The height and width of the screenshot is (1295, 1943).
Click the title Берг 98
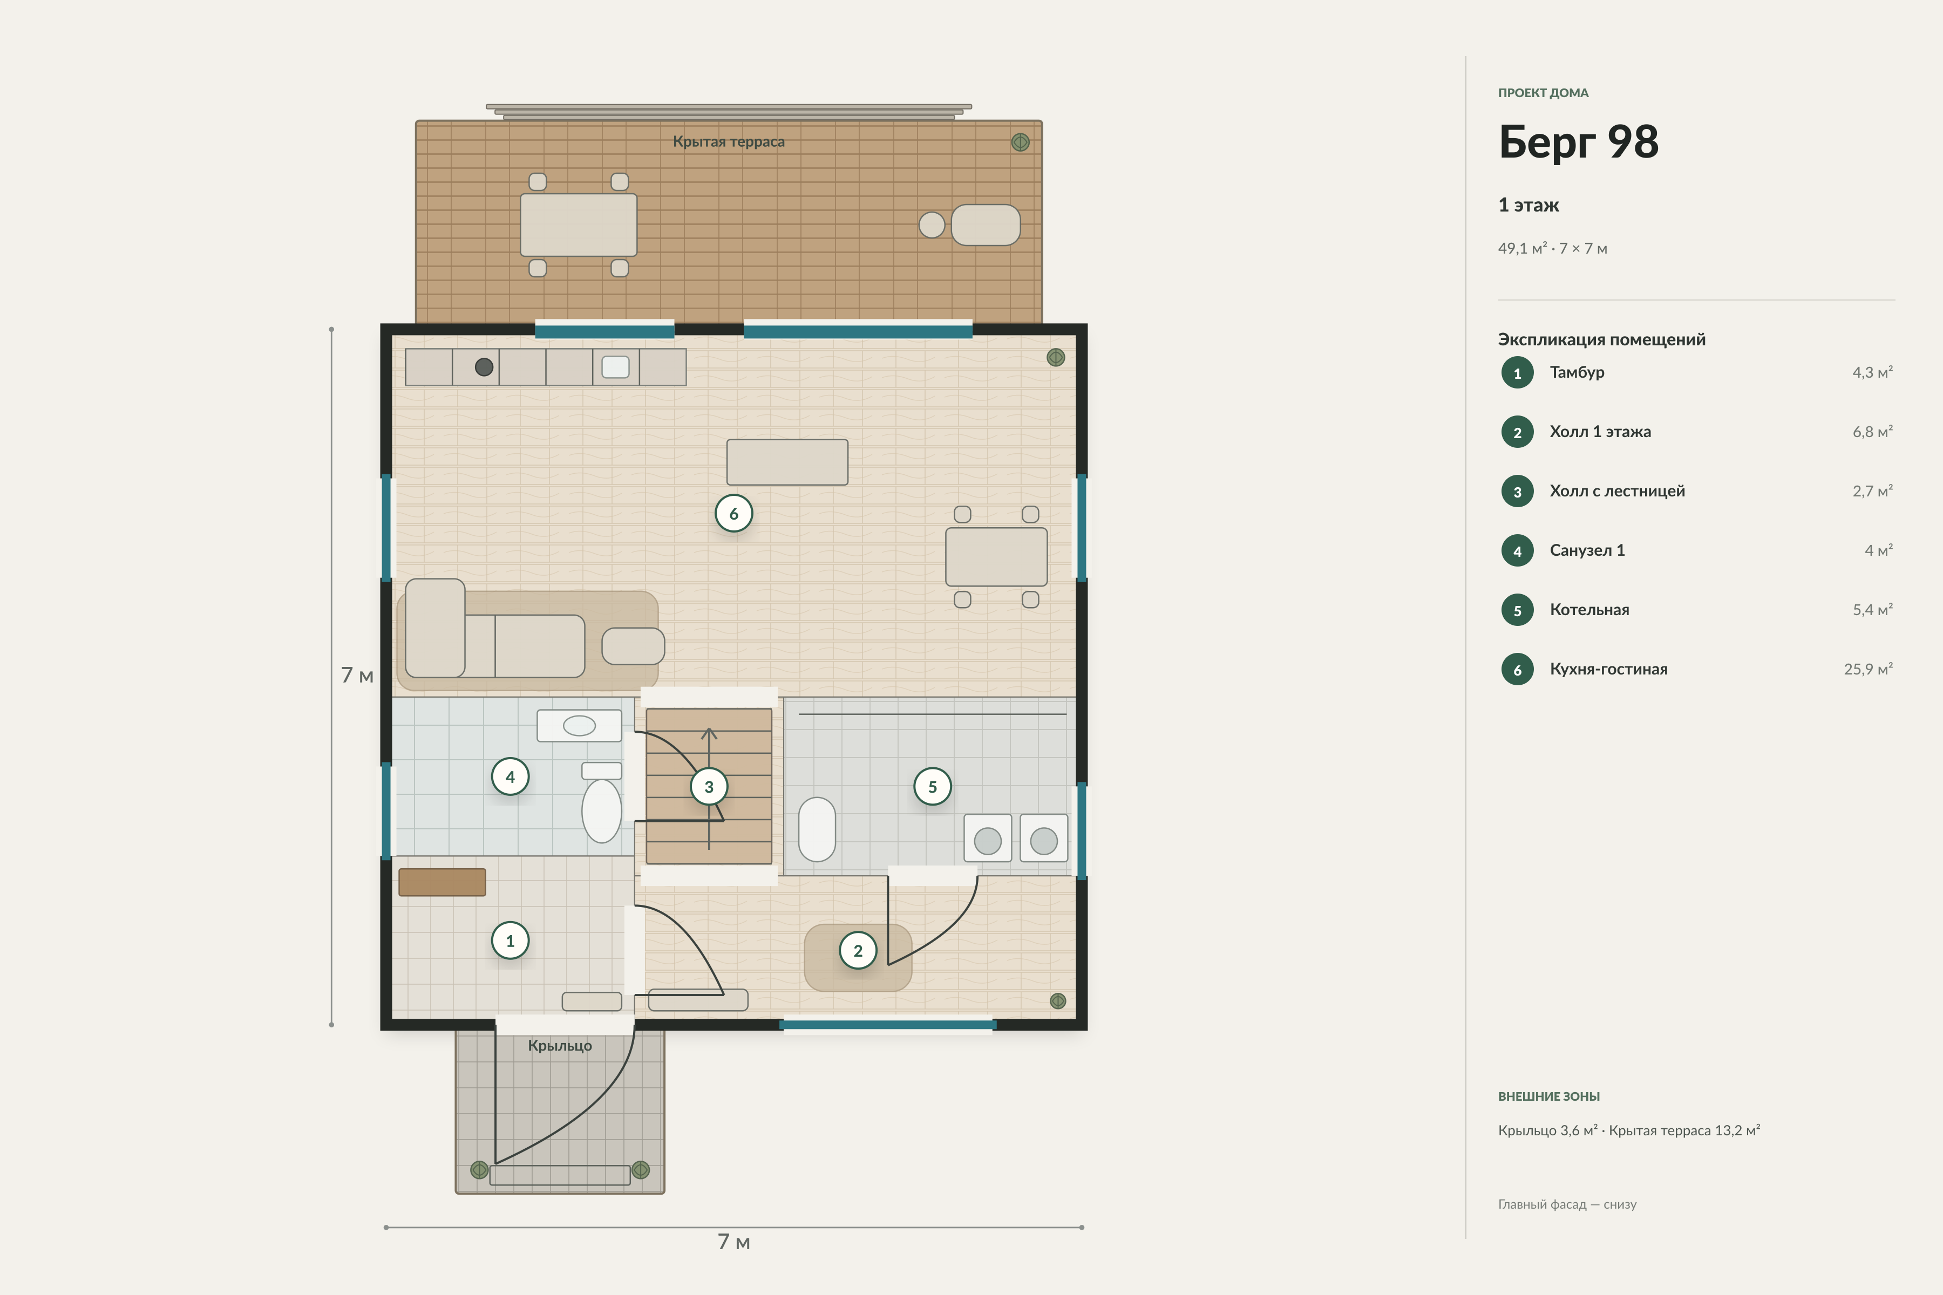click(x=1578, y=142)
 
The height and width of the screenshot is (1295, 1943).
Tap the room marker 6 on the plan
click(x=733, y=514)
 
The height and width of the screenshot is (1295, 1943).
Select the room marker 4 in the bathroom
click(x=509, y=776)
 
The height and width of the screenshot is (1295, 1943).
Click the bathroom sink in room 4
click(x=579, y=725)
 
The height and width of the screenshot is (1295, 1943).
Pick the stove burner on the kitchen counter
click(x=484, y=367)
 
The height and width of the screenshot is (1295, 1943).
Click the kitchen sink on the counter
click(x=615, y=367)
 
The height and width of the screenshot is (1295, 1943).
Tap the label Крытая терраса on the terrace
click(x=729, y=141)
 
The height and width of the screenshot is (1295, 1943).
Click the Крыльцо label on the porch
click(x=560, y=1046)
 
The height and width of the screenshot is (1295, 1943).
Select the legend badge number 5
click(x=1518, y=610)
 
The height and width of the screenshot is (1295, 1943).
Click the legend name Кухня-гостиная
click(x=1608, y=669)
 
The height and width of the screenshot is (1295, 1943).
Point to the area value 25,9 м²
click(x=1868, y=669)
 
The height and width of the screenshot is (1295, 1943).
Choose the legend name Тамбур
click(x=1577, y=372)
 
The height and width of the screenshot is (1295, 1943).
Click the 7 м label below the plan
click(x=733, y=1242)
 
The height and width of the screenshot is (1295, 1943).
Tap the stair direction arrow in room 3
click(x=709, y=789)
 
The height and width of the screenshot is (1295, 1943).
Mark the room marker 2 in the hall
click(x=858, y=951)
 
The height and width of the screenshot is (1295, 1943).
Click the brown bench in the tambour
click(x=442, y=882)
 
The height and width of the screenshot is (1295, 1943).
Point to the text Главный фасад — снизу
click(x=1567, y=1204)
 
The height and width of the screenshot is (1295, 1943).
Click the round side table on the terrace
click(x=932, y=224)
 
